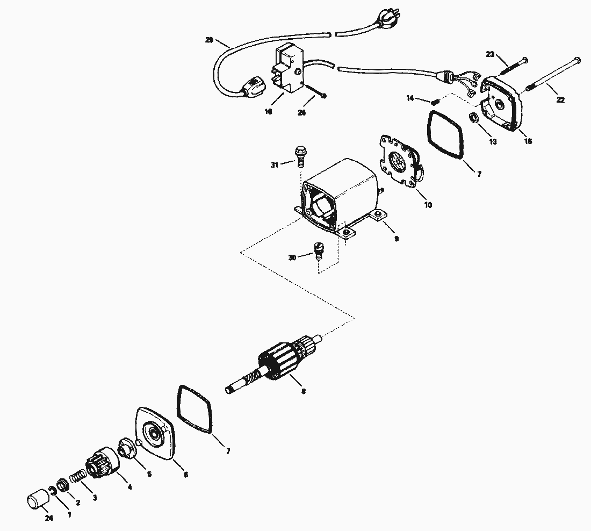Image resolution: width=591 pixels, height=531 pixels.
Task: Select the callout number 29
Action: coord(210,40)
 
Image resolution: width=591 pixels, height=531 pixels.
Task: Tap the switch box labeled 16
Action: coord(290,68)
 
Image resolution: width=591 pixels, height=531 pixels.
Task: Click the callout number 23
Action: coord(490,54)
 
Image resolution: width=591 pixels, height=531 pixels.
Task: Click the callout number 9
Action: coord(396,239)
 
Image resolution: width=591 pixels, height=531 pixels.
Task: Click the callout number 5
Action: coord(149,474)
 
